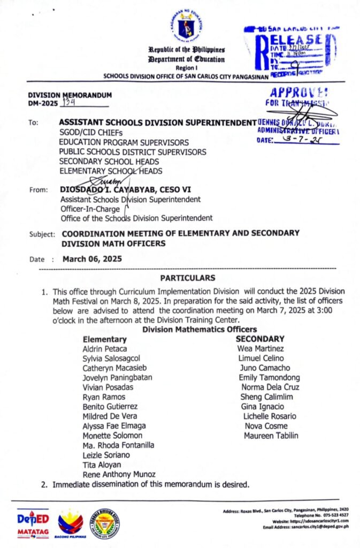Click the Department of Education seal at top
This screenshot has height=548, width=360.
tap(187, 26)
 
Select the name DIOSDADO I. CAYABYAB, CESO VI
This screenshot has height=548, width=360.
tap(126, 189)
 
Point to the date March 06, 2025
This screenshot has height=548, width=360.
tap(92, 258)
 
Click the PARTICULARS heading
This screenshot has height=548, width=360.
tap(188, 278)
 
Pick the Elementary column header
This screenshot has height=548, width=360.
tap(105, 339)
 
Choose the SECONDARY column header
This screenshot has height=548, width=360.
tap(260, 339)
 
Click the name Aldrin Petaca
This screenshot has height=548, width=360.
tap(105, 349)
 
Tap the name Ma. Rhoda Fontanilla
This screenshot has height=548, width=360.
tap(119, 445)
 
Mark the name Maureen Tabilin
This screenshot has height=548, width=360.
tap(271, 436)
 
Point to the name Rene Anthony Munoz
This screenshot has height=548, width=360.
tap(119, 474)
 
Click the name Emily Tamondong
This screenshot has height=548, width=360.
tap(269, 378)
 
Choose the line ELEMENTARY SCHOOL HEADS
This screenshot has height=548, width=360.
tap(111, 171)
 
